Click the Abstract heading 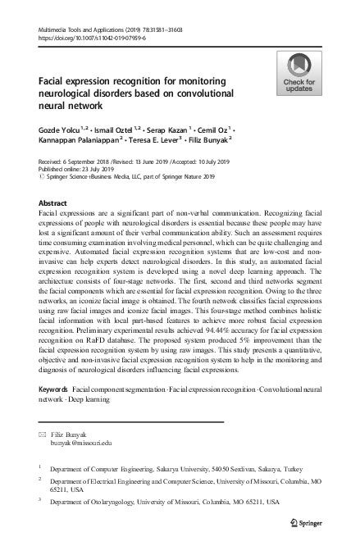[53, 202]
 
